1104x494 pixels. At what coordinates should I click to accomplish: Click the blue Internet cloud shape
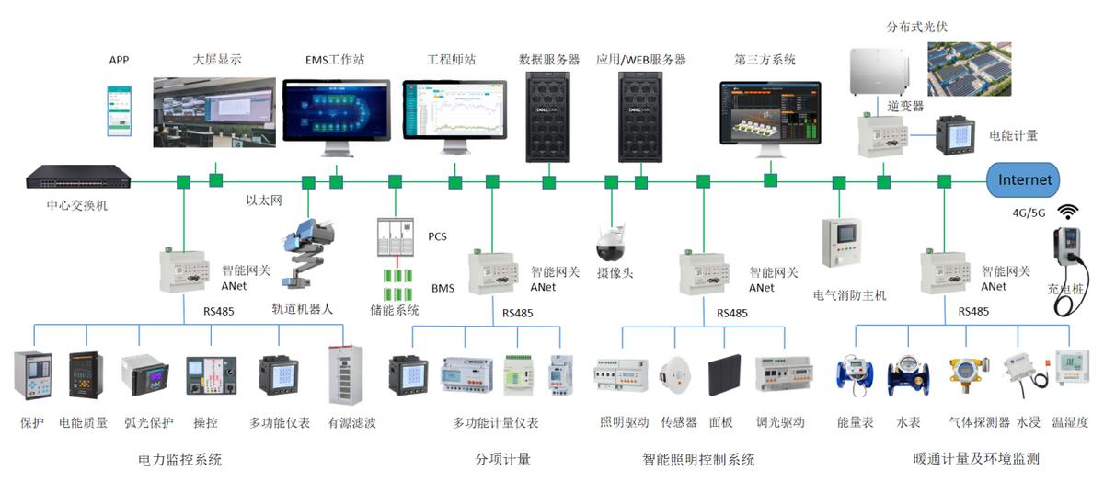pyautogui.click(x=1024, y=180)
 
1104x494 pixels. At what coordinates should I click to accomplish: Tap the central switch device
pyautogui.click(x=77, y=177)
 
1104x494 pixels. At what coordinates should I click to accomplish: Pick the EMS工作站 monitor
pyautogui.click(x=336, y=114)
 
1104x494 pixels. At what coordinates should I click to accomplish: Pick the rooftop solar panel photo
pyautogui.click(x=969, y=69)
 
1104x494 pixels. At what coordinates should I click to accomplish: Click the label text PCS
pyautogui.click(x=437, y=236)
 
